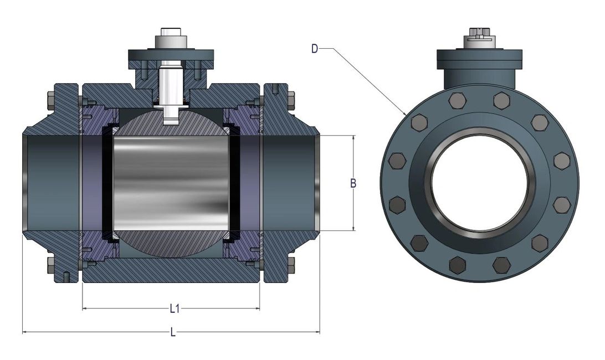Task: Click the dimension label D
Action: (315, 49)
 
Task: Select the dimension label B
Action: (353, 183)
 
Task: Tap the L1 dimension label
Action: (174, 308)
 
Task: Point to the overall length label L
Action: (173, 332)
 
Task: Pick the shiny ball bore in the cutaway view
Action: (171, 183)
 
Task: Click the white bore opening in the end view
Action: (480, 183)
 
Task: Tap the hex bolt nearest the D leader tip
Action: (419, 122)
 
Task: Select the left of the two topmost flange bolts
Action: (458, 100)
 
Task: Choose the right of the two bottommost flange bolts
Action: (501, 265)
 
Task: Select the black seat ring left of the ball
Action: (109, 183)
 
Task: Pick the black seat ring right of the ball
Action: (234, 183)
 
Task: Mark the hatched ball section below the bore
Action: (171, 243)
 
